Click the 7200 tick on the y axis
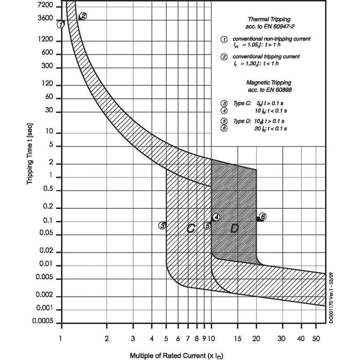[46, 5]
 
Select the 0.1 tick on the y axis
[49, 221]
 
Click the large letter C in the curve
[190, 228]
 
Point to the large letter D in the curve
[234, 228]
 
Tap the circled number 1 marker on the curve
[61, 24]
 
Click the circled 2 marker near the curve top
[83, 16]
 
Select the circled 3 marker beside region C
[161, 225]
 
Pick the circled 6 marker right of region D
[263, 217]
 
